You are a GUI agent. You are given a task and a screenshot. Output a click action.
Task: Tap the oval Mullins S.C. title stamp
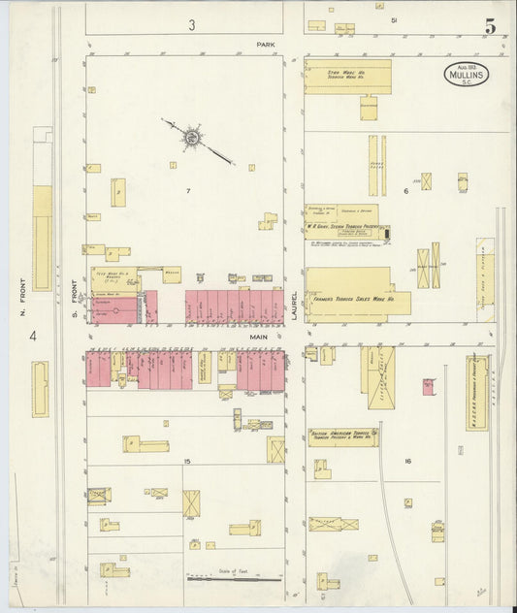click(x=467, y=74)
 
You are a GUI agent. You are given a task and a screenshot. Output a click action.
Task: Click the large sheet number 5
click(x=491, y=27)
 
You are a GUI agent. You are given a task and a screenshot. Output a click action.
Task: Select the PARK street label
click(x=266, y=45)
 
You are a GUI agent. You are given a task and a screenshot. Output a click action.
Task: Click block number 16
click(x=407, y=461)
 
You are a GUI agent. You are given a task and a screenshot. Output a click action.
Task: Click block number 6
click(x=406, y=191)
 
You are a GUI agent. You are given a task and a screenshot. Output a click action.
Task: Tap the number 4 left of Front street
click(x=32, y=336)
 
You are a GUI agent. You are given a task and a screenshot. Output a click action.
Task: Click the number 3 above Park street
click(x=192, y=23)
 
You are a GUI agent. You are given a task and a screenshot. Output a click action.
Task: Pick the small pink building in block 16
click(x=428, y=387)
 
